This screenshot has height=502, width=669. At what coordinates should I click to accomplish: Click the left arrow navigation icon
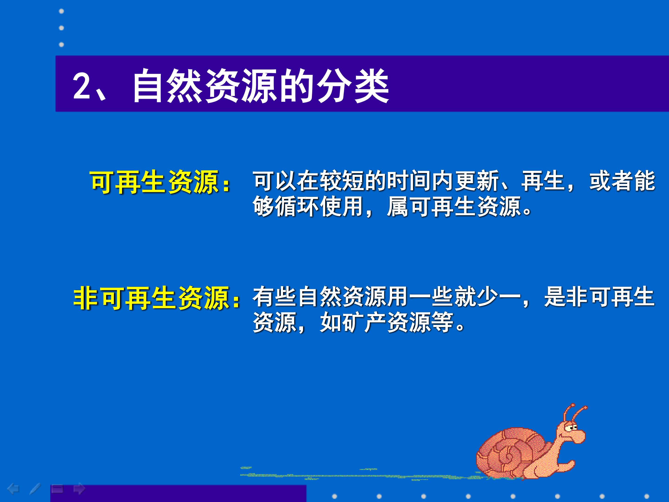(x=13, y=489)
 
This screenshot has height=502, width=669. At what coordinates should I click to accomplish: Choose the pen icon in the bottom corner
(x=35, y=489)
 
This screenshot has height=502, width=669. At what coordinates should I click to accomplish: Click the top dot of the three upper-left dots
(x=61, y=11)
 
